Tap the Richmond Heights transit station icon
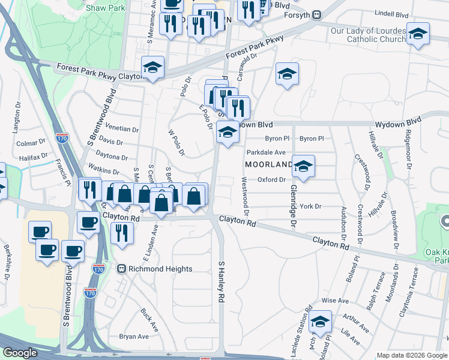(x=121, y=269)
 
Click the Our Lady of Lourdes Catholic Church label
(x=368, y=35)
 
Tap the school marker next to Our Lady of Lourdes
(x=417, y=34)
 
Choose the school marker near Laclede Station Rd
(x=321, y=322)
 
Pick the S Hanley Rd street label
(x=221, y=281)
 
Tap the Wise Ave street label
(x=335, y=300)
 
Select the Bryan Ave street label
(x=133, y=337)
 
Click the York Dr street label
(x=311, y=206)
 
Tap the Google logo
(x=20, y=353)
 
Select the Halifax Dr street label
(x=33, y=157)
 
